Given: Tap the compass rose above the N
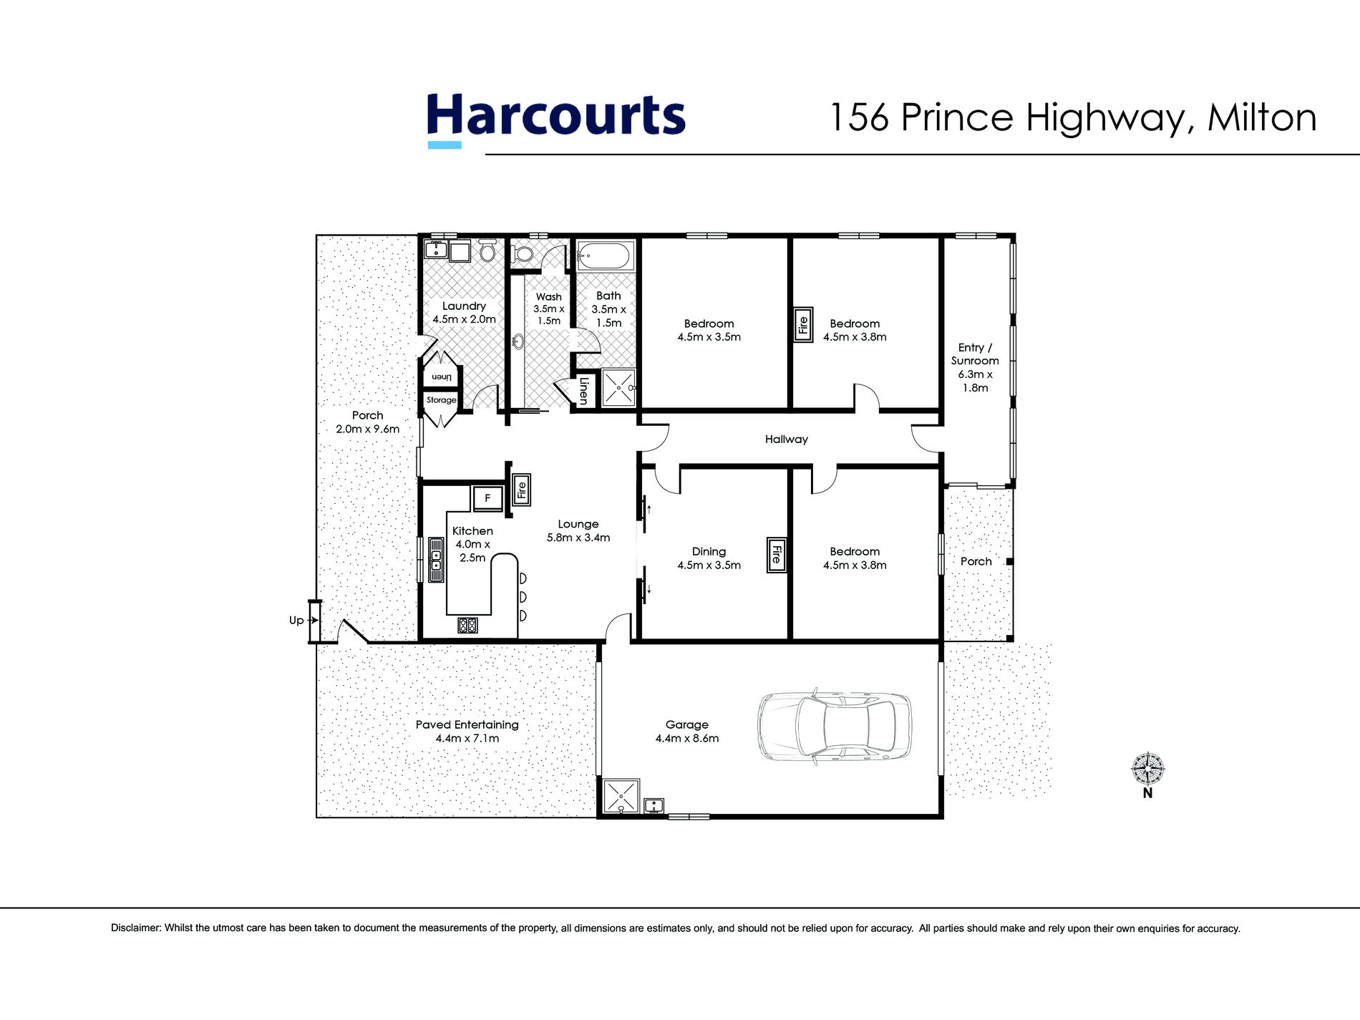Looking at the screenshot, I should [1147, 769].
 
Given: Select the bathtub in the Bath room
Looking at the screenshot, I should [606, 256].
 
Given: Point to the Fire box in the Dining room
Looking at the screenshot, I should [776, 555].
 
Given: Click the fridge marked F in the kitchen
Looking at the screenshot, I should [487, 497].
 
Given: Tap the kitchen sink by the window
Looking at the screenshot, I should [435, 559].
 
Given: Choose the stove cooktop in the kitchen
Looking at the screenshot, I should [467, 625].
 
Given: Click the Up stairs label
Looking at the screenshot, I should [296, 620].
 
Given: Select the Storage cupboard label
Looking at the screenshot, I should [441, 400].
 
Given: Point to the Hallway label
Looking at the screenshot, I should [786, 439].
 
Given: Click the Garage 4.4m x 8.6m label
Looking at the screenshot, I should [686, 732].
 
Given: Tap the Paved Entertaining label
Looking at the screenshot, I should [467, 731].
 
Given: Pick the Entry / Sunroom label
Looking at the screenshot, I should [975, 367].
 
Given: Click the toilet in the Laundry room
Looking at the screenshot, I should [487, 251].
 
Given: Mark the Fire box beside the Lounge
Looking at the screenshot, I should [521, 490].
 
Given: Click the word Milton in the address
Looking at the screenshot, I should [1261, 117].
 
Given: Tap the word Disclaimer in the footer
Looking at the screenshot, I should [136, 928].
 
